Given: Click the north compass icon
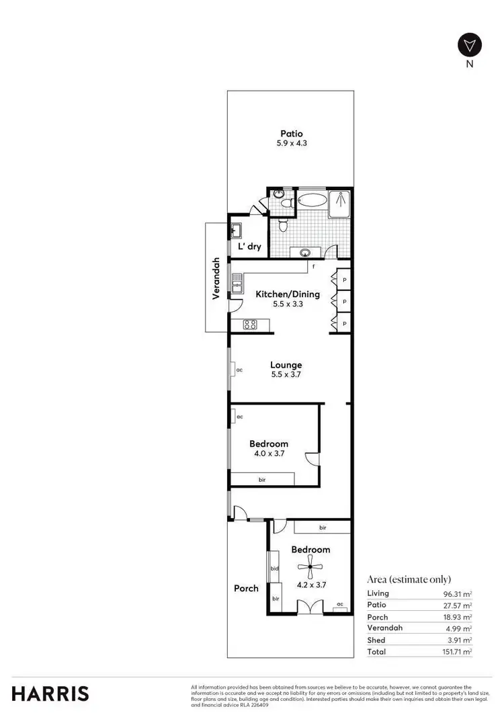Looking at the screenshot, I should (470, 46).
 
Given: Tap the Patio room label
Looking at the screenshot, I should (292, 134).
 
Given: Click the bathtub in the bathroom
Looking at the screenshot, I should (310, 200).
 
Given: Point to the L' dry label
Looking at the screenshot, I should (249, 247).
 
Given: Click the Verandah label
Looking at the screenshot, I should (216, 278).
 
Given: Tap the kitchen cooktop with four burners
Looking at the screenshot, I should (250, 325).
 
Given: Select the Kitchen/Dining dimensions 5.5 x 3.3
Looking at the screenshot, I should (287, 304).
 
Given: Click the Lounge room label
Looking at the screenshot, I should (286, 365).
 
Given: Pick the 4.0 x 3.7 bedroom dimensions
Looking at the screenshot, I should (269, 454).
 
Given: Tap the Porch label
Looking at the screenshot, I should (246, 588).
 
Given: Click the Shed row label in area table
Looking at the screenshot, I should (376, 640).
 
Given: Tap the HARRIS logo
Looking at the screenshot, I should (50, 694).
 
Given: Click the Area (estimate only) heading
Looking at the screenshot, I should (409, 579).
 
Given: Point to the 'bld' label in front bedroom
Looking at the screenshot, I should (274, 569).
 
